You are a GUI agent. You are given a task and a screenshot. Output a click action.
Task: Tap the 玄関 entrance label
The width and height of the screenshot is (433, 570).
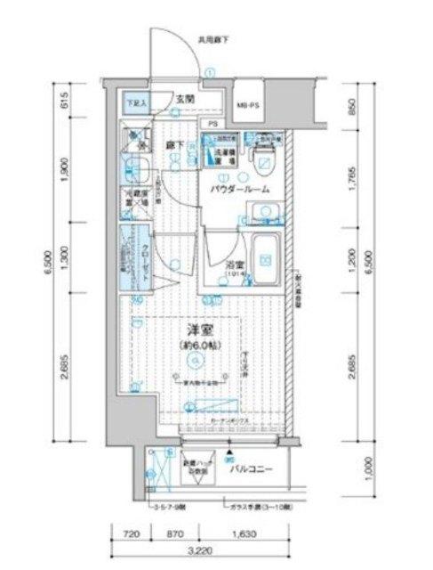click(x=185, y=101)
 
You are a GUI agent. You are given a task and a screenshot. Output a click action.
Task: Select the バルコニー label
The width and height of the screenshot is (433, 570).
click(x=251, y=468)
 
